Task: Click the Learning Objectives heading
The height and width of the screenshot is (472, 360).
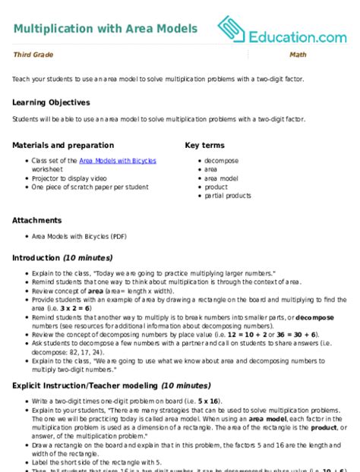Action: point(51,102)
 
